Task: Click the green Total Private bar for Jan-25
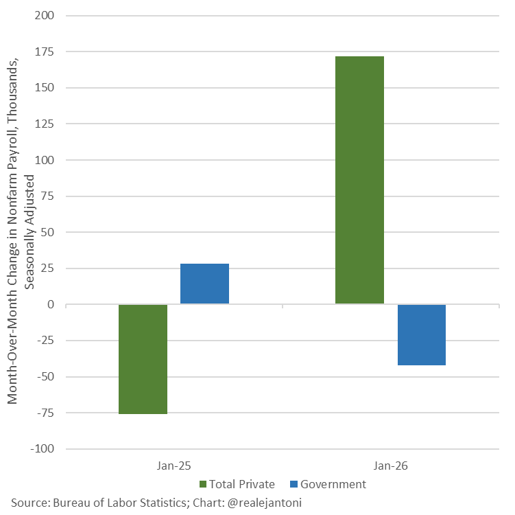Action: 143,359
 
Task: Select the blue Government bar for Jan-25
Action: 204,284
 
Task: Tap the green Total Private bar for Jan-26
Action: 359,180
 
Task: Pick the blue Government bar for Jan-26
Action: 421,335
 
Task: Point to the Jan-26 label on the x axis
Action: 390,465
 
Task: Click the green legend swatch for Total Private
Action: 203,485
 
